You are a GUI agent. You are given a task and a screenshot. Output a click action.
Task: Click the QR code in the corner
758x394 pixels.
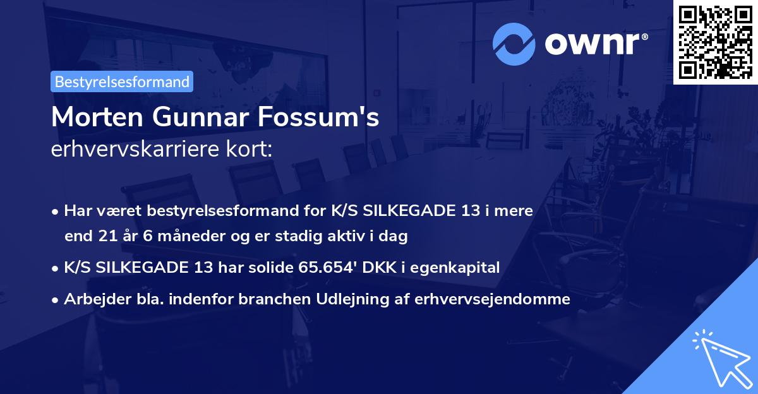714,42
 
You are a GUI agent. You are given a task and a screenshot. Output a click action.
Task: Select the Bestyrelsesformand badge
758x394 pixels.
122,81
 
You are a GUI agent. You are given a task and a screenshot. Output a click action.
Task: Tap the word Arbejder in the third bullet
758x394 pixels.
92,299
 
